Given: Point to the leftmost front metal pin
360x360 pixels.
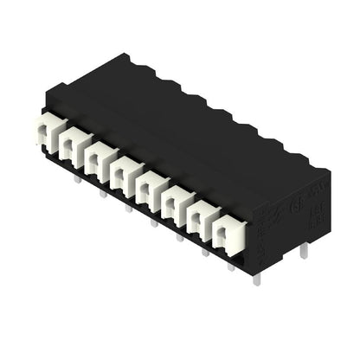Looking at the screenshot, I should click(x=77, y=179).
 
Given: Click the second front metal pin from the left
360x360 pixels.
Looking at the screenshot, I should click(x=102, y=193).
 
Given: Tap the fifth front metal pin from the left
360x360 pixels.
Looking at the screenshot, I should click(x=179, y=235).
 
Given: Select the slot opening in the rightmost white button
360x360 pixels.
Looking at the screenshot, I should click(x=224, y=233).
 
